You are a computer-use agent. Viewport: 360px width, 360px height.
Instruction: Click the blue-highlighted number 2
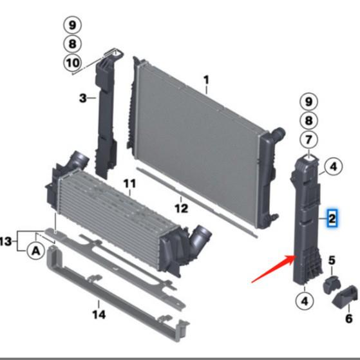click(x=332, y=218)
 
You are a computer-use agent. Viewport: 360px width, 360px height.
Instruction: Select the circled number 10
click(x=72, y=62)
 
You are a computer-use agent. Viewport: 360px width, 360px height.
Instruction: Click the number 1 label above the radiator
click(x=206, y=81)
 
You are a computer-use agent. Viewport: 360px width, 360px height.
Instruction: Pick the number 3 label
click(x=83, y=98)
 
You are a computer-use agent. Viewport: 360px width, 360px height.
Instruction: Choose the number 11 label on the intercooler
click(x=129, y=184)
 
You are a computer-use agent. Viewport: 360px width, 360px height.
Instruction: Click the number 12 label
click(x=182, y=208)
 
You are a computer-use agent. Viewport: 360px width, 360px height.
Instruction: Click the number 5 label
click(x=332, y=260)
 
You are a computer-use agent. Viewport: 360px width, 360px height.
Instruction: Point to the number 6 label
click(x=348, y=318)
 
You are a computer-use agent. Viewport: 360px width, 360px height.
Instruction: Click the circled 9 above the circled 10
click(x=72, y=26)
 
